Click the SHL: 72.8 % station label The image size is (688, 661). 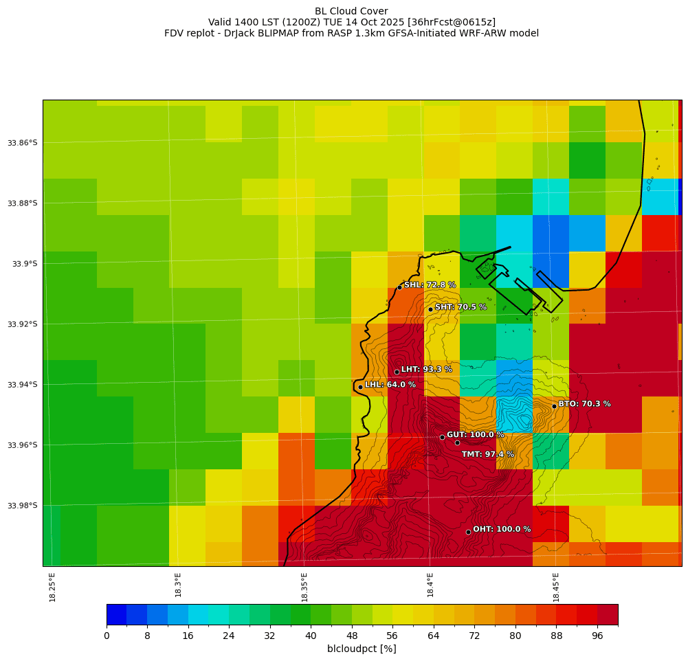pyautogui.click(x=430, y=285)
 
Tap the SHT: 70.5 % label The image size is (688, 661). pyautogui.click(x=460, y=307)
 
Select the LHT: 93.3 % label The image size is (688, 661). pyautogui.click(x=426, y=370)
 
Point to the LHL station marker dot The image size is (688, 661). pyautogui.click(x=360, y=387)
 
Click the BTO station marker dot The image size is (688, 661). pyautogui.click(x=554, y=406)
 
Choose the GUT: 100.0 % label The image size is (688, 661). pyautogui.click(x=475, y=435)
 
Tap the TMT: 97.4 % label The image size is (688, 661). pyautogui.click(x=487, y=454)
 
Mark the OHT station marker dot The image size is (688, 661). pyautogui.click(x=468, y=532)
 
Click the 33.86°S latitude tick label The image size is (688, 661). pyautogui.click(x=23, y=143)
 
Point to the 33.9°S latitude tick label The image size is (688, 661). pyautogui.click(x=25, y=264)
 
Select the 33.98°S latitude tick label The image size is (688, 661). pyautogui.click(x=23, y=506)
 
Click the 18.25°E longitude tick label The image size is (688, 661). pyautogui.click(x=53, y=587)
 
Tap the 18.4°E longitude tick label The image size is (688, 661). pyautogui.click(x=430, y=585)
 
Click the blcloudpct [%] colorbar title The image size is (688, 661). pyautogui.click(x=362, y=649)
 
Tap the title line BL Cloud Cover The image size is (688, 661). pyautogui.click(x=351, y=11)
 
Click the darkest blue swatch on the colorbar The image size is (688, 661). pyautogui.click(x=116, y=614)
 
